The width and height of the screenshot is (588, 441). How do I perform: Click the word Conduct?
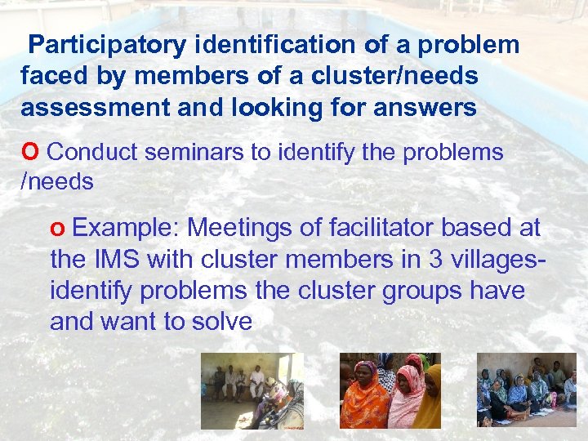point(95,151)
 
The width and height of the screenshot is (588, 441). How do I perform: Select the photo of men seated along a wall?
point(252,390)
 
